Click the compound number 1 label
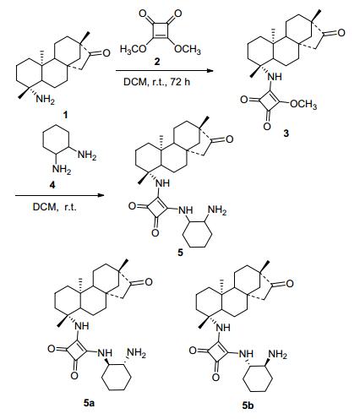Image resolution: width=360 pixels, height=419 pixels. pyautogui.click(x=65, y=115)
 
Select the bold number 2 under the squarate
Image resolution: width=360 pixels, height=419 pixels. pyautogui.click(x=157, y=62)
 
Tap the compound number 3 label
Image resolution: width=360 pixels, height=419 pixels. pyautogui.click(x=286, y=133)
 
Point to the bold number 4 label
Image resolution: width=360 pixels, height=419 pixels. pyautogui.click(x=52, y=185)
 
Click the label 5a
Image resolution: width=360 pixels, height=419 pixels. pyautogui.click(x=89, y=403)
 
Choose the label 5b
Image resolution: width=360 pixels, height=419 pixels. pyautogui.click(x=248, y=405)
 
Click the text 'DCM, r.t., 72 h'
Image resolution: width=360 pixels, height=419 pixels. pyautogui.click(x=157, y=82)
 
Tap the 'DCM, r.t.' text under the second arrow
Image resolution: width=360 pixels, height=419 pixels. pyautogui.click(x=54, y=207)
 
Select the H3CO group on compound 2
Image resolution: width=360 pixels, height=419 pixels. pyautogui.click(x=133, y=50)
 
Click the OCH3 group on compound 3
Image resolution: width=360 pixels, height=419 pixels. pyautogui.click(x=303, y=105)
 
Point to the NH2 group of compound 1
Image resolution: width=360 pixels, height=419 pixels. pyautogui.click(x=45, y=100)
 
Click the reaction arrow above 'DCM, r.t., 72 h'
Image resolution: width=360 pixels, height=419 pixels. pyautogui.click(x=165, y=71)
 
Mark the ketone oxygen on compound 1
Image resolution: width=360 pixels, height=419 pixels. pyautogui.click(x=106, y=53)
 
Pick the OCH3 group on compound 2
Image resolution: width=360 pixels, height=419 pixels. pyautogui.click(x=188, y=50)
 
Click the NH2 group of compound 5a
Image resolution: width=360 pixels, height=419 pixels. pyautogui.click(x=137, y=353)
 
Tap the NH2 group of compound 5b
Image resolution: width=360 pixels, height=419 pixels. pyautogui.click(x=278, y=354)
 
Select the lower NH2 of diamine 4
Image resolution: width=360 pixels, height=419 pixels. pyautogui.click(x=62, y=169)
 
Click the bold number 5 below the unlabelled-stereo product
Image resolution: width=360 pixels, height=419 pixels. pyautogui.click(x=180, y=253)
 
